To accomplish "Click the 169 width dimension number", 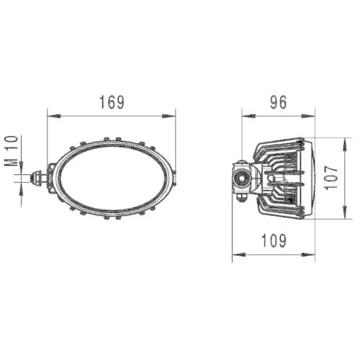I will pos(112,102).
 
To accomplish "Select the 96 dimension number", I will pos(278,102).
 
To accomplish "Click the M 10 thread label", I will pos(10,150).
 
